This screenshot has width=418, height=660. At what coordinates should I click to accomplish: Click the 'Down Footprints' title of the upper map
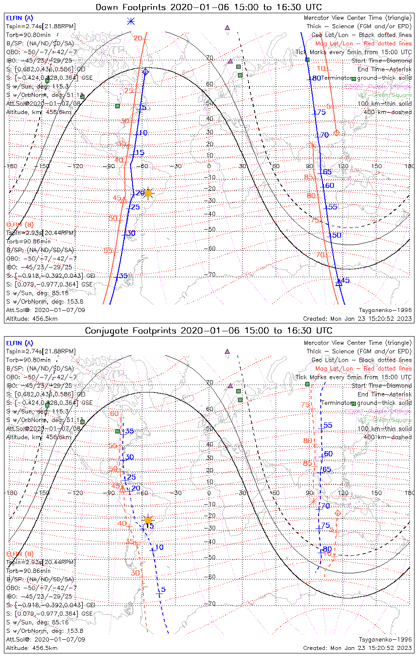[209, 7]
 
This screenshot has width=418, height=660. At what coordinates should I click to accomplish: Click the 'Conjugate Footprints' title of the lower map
[209, 330]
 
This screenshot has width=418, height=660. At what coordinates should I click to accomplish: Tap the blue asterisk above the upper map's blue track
[131, 21]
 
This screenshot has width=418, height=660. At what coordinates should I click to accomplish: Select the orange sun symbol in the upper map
[148, 193]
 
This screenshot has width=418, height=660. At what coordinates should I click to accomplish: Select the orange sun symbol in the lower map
[148, 520]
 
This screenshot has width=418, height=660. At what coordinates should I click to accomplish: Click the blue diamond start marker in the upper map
[145, 71]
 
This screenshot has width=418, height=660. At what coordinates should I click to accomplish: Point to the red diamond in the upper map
[337, 132]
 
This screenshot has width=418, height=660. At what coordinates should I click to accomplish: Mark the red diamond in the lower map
[338, 513]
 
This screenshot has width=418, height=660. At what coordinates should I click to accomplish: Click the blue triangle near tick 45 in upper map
[338, 283]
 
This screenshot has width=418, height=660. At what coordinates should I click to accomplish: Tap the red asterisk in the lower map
[313, 502]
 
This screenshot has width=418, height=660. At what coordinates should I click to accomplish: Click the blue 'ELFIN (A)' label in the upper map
[19, 18]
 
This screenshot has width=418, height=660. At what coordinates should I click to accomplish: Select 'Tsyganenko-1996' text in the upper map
[385, 310]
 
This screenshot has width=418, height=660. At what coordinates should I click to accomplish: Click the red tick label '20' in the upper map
[138, 38]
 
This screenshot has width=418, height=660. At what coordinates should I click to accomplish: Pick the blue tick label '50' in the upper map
[337, 235]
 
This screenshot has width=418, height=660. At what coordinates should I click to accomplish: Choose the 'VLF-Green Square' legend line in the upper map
[384, 95]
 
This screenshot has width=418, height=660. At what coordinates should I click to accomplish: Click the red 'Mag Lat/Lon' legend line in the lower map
[363, 368]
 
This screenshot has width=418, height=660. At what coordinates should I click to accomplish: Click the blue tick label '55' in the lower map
[328, 425]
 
